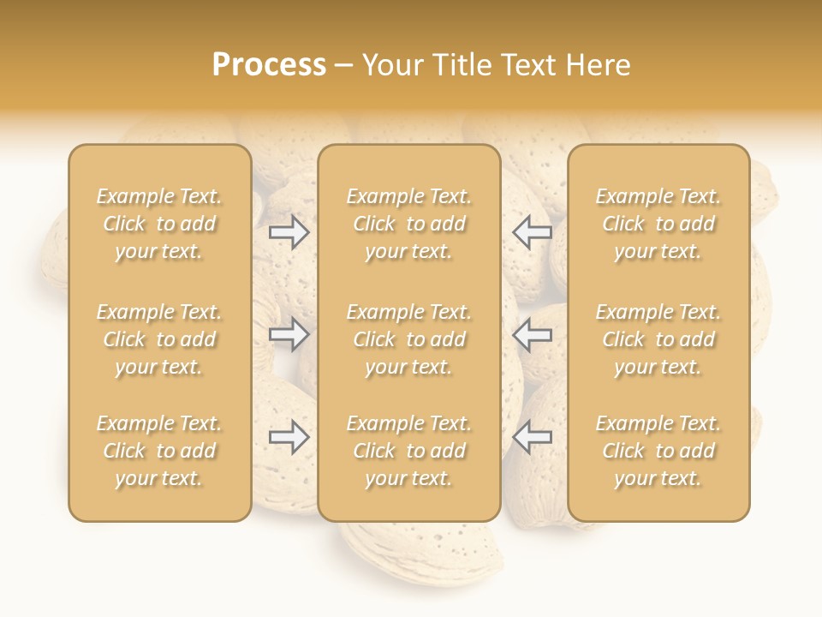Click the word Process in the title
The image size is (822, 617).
coord(269,65)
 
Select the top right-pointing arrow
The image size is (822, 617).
coord(289,232)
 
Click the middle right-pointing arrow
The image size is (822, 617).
coord(289,335)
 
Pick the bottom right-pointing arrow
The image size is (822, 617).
coord(289,437)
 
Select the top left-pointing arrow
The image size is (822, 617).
coord(532,232)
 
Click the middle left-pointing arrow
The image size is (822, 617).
coord(532,335)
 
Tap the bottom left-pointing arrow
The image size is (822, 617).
coord(532,437)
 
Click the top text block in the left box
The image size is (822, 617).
coord(159,224)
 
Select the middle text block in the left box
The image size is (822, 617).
coord(159,339)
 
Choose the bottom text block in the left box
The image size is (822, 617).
coord(159,451)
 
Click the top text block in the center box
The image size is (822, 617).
coord(408,224)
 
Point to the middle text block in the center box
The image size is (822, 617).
coord(408,339)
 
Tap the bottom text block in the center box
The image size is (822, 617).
coord(408,451)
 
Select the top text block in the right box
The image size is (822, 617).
coord(658,224)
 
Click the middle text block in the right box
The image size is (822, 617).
coord(658,339)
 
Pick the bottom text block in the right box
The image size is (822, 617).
coord(658,451)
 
